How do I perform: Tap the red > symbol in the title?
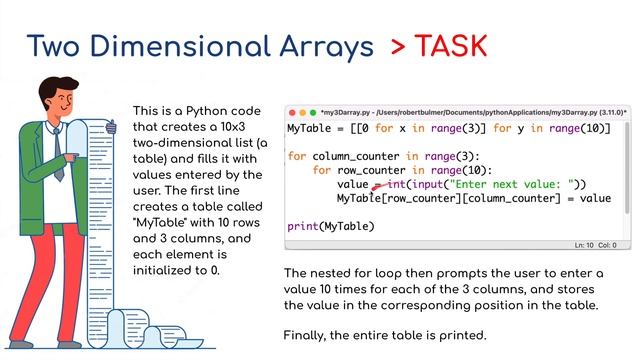pos(398,46)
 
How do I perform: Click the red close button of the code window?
pos(293,112)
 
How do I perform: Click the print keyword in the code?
pos(303,226)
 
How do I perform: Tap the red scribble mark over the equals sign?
pos(378,184)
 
